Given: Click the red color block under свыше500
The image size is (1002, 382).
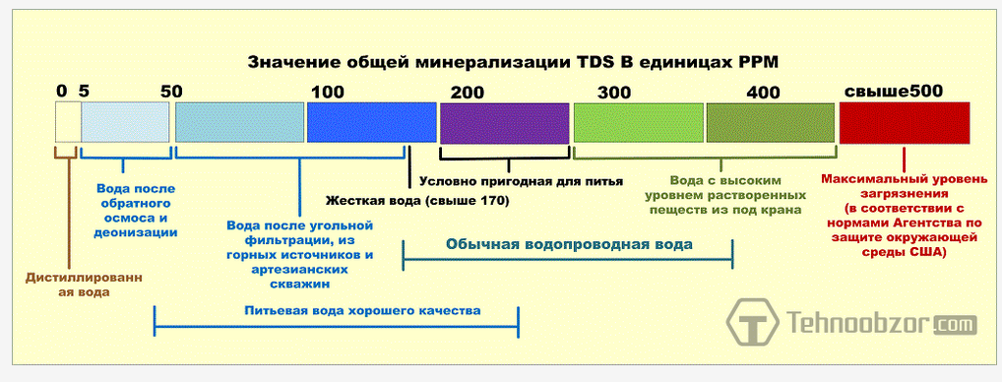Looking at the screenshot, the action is tap(905, 123).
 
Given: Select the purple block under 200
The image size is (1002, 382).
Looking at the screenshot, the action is tap(504, 123).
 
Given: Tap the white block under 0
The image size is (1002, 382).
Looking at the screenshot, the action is tap(67, 123).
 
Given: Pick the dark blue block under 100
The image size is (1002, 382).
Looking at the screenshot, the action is tap(371, 123).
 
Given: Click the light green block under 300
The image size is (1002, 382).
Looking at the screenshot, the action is tap(639, 123).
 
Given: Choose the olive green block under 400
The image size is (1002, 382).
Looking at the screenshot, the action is tap(770, 123).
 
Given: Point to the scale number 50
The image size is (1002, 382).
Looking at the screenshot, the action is tap(170, 91).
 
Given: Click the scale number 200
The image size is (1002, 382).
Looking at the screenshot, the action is tap(468, 92).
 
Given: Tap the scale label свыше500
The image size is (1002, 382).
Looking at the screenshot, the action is tap(894, 91).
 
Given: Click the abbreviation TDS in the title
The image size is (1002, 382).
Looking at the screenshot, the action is tap(595, 63).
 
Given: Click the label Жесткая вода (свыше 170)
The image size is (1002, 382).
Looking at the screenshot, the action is tap(417, 201).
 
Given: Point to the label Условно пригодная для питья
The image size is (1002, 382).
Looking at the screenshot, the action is tap(521, 181).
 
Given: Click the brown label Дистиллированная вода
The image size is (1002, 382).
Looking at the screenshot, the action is tap(84, 285).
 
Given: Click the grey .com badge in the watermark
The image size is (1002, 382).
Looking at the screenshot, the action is tap(955, 325).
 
